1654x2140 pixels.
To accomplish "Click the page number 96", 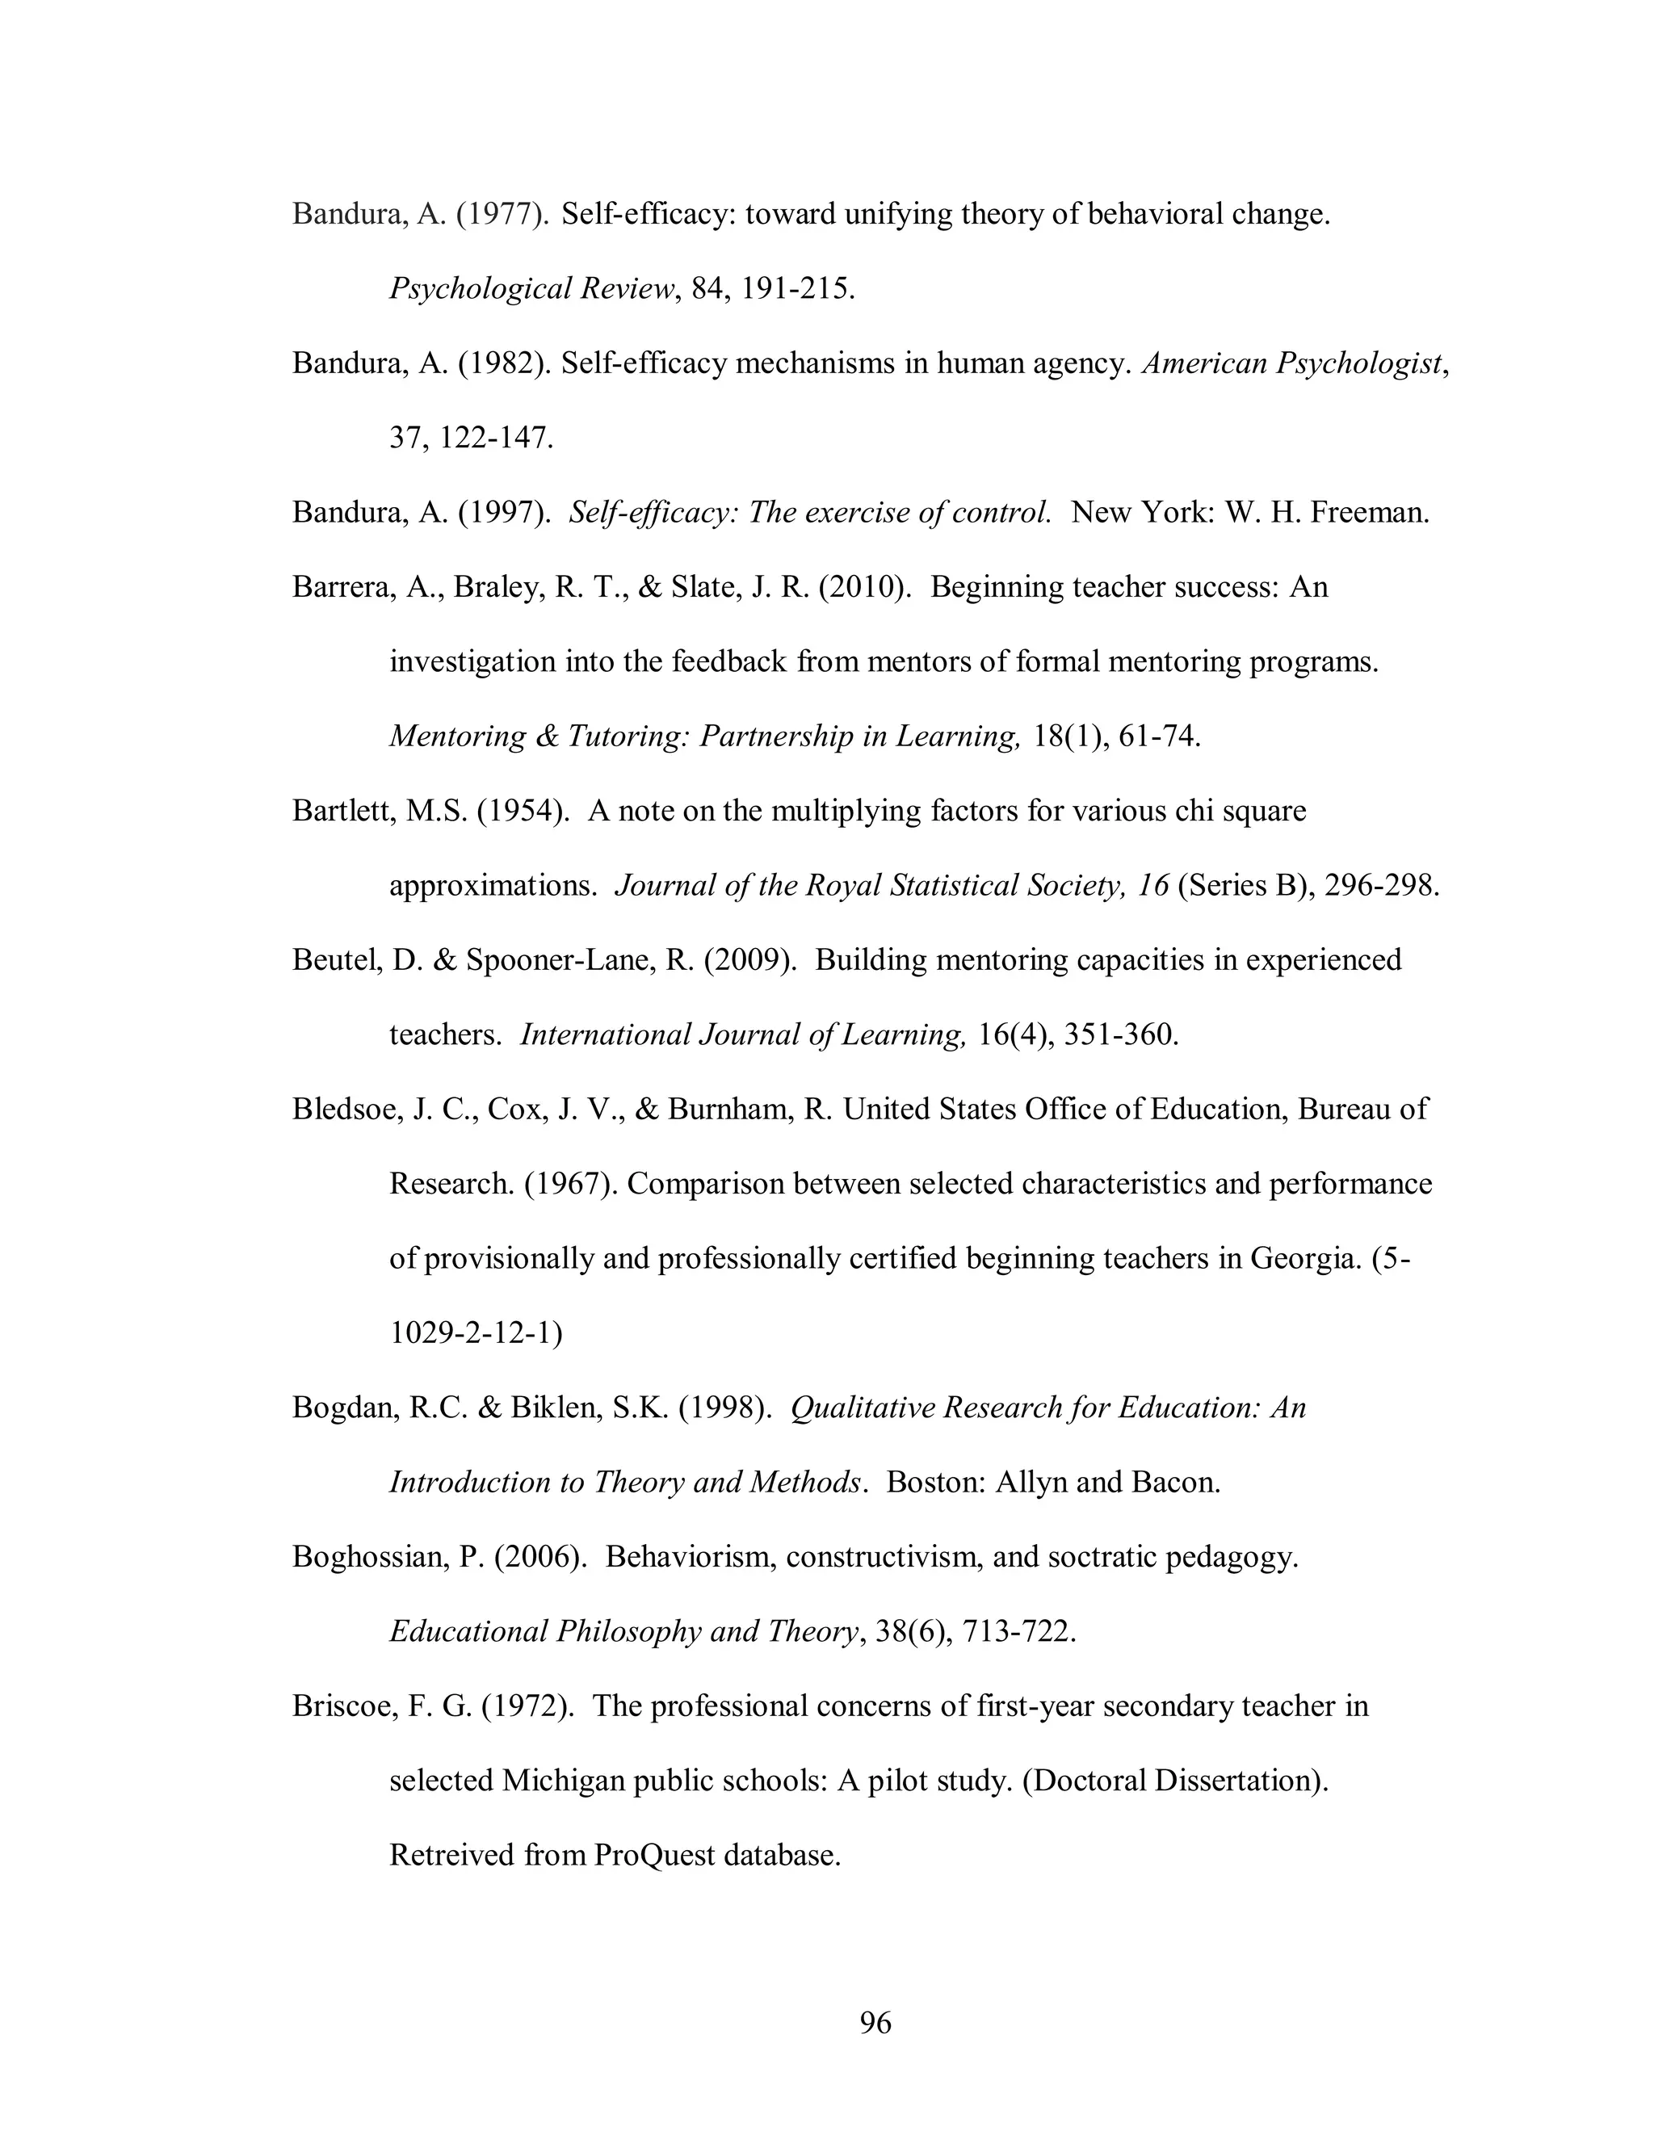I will [875, 2021].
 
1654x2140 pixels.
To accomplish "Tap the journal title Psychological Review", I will [532, 289].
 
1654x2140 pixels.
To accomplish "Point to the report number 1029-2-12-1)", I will [476, 1332].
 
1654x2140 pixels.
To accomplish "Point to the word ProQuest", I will [653, 1855].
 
